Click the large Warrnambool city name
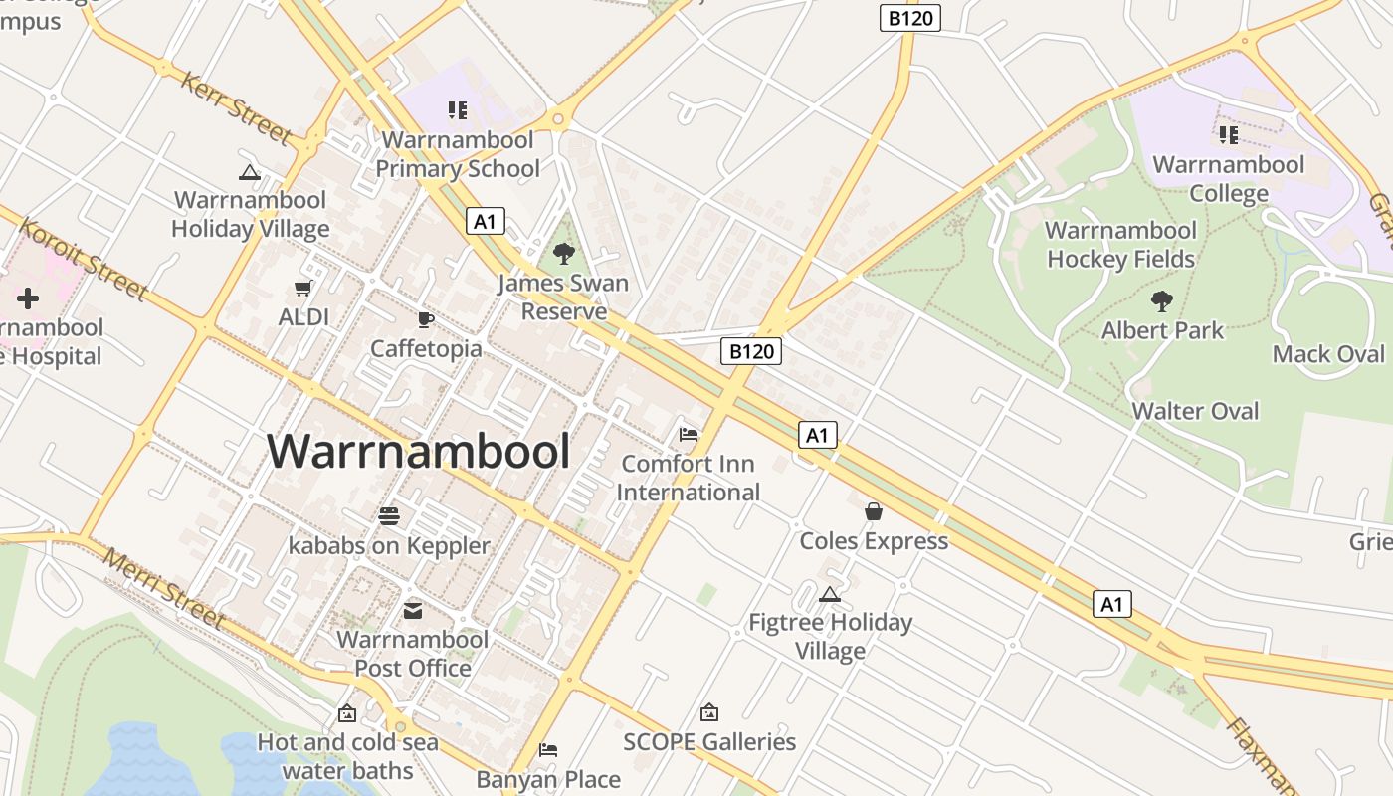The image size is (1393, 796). pos(418,452)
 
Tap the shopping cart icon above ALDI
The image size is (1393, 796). pos(303,289)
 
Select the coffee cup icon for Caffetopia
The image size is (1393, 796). pos(425,319)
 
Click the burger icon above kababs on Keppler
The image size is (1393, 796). pos(389,515)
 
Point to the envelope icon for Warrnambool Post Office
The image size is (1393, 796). pos(412,610)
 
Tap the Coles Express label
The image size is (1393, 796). pos(874,541)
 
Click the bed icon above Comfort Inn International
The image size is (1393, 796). pos(688,434)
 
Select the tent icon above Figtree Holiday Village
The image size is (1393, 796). pos(829,595)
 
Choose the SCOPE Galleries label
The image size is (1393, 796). pos(709,742)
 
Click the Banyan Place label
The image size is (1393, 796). pos(548,779)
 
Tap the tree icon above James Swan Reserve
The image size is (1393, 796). pos(563,254)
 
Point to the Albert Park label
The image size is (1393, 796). pos(1162,330)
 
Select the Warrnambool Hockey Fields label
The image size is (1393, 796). pos(1120,245)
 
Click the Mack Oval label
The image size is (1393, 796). pos(1327,354)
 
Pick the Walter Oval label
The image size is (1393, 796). pos(1195,411)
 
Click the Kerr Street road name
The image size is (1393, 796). pos(236,107)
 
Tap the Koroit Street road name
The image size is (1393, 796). pos(84,259)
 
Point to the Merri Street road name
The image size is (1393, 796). pos(164,589)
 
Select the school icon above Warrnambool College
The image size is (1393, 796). pos(1228,134)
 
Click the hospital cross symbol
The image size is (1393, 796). pos(28,298)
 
